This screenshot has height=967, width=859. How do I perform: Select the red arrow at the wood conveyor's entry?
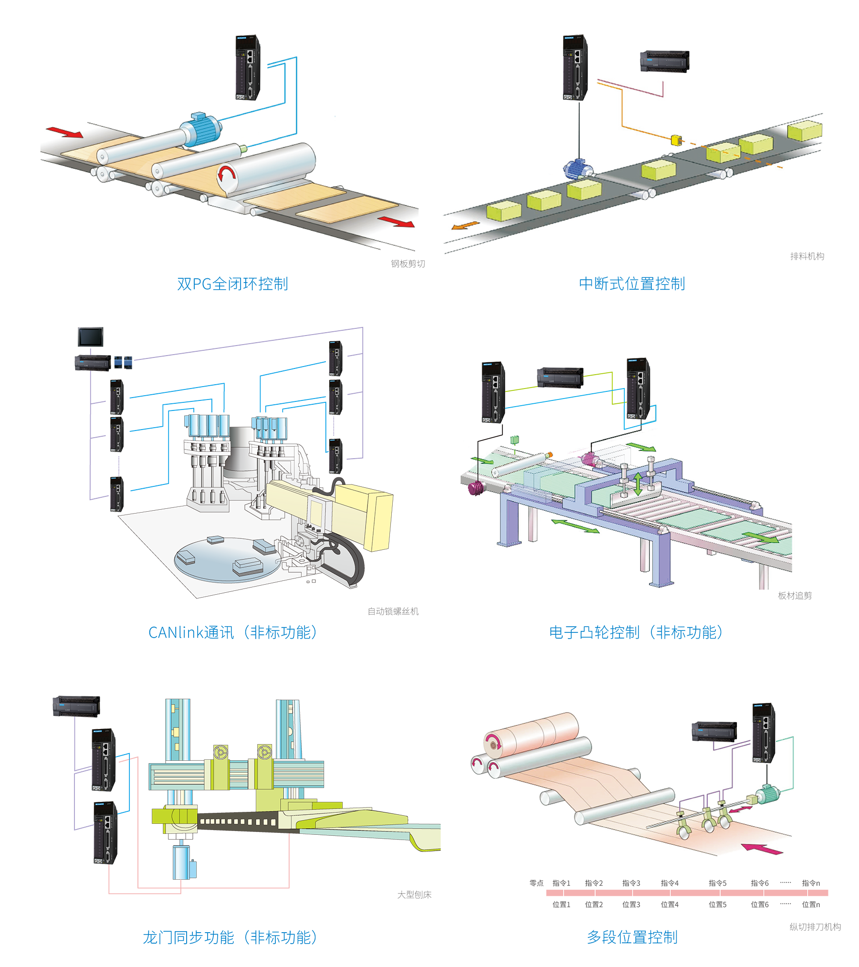click(x=64, y=132)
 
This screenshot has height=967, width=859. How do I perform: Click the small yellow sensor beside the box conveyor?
click(x=676, y=140)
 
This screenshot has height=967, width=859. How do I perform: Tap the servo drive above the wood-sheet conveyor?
click(x=248, y=67)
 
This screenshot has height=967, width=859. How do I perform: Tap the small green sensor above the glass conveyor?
click(x=514, y=440)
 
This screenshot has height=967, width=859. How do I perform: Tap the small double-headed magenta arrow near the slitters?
click(x=740, y=809)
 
